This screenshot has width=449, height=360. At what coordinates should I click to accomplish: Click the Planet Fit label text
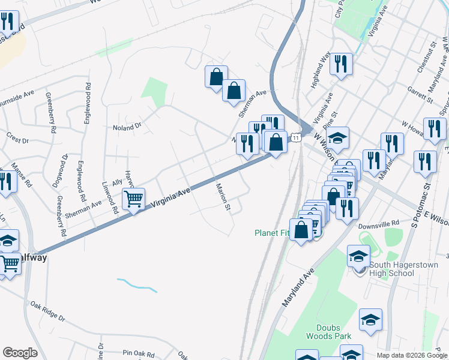point(272,233)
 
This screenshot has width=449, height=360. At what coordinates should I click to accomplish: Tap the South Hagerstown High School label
point(392,269)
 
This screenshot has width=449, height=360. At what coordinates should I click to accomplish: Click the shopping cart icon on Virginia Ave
point(134,199)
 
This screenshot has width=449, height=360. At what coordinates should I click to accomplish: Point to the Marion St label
point(223,197)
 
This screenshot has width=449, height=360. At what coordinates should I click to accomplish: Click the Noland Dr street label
point(127,127)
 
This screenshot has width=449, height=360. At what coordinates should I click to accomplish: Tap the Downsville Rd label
point(379,227)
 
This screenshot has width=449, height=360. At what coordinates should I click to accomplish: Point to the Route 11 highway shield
point(297,138)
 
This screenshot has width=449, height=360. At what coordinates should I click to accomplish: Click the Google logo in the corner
point(20,352)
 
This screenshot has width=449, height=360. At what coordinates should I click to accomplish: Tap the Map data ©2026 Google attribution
point(412,355)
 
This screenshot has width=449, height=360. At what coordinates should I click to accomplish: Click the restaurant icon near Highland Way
point(341,64)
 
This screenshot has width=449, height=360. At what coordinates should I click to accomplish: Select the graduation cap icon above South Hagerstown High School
point(358,256)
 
